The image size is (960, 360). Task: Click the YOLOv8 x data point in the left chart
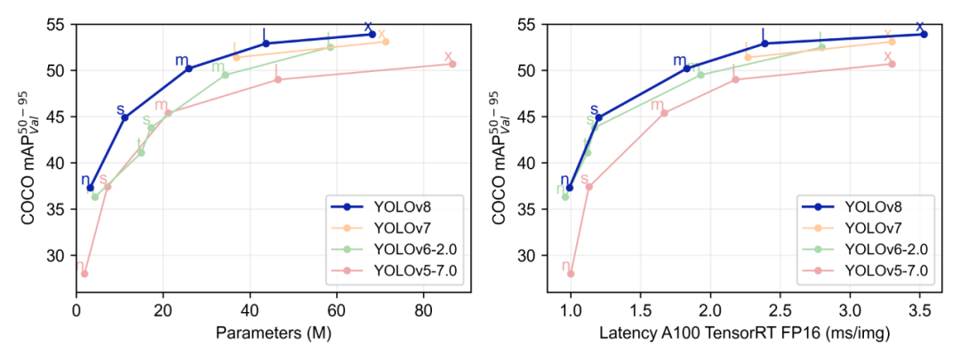(372, 34)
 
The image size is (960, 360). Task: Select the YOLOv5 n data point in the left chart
(84, 274)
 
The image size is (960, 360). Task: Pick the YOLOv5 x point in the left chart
(452, 64)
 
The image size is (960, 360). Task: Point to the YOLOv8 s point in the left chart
(125, 117)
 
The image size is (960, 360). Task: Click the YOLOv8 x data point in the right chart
(924, 34)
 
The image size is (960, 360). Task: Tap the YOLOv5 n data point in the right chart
(571, 274)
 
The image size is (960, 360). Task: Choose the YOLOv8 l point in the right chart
(764, 43)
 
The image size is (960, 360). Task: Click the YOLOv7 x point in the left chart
(385, 41)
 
